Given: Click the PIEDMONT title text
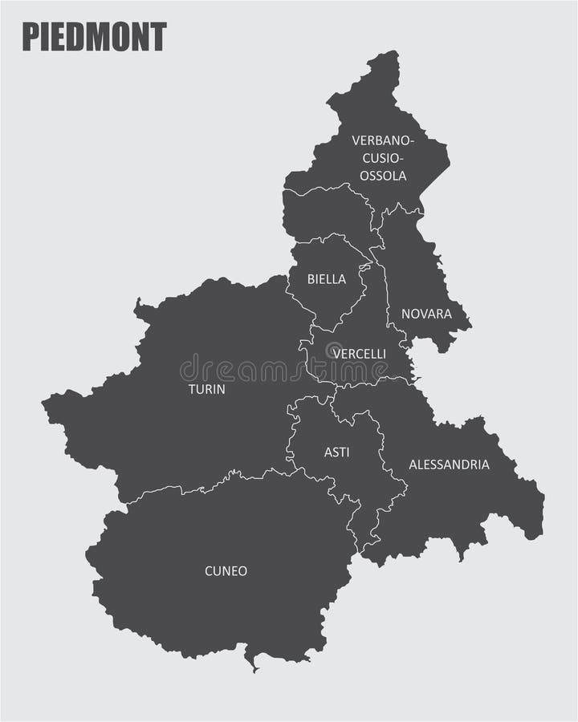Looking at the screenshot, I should click(x=94, y=37).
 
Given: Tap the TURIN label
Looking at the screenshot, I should click(x=206, y=389).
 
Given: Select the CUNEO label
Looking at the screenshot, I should click(x=226, y=571).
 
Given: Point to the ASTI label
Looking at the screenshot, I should click(x=336, y=452).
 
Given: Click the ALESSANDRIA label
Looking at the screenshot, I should click(x=449, y=464).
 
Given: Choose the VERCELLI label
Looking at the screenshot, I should click(x=359, y=353).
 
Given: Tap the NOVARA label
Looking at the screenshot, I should click(x=426, y=314).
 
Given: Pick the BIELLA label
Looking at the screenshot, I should click(x=327, y=279).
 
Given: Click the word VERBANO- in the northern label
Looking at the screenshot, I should click(x=383, y=140).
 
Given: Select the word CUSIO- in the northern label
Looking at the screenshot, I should click(x=383, y=158).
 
